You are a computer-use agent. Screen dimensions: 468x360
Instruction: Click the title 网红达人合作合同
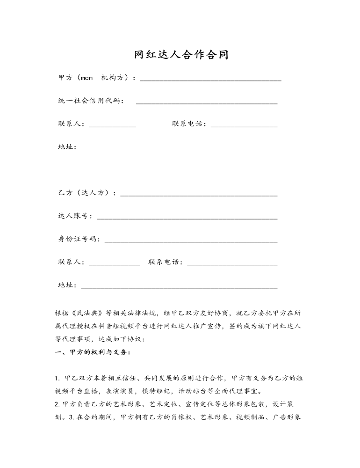click(181, 55)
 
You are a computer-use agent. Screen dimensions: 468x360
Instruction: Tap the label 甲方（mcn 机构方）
click(95, 78)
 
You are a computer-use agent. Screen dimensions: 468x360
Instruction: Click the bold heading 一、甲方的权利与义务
click(93, 352)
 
